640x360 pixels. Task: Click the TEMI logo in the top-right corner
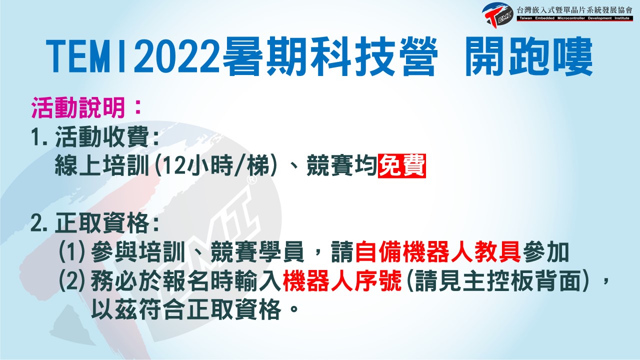click(497, 15)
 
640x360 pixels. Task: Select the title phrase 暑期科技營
click(330, 56)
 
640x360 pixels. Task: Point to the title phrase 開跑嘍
click(528, 56)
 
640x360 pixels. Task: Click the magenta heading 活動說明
click(78, 107)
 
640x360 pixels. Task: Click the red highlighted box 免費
click(401, 165)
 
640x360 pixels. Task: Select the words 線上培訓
click(102, 165)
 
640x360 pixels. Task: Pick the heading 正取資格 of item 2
click(101, 223)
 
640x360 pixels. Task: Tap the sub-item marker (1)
click(71, 252)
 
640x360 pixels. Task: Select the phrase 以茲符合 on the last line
click(137, 309)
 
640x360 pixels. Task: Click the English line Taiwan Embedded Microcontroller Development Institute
click(574, 18)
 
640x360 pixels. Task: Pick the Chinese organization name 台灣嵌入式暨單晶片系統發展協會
click(574, 10)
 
